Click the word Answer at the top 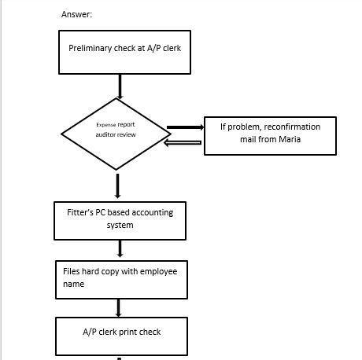tap(76, 14)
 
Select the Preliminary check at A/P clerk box tap(124, 52)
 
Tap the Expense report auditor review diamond tap(116, 134)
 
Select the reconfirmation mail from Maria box tap(269, 135)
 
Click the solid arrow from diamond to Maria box tap(184, 127)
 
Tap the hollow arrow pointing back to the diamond tap(184, 142)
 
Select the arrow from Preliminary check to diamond tap(119, 86)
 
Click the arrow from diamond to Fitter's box tap(118, 186)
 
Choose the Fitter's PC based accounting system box tap(120, 220)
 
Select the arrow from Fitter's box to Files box tap(120, 249)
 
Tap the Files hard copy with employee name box tap(121, 279)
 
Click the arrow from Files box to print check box tap(120, 307)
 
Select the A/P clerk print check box tap(121, 335)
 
